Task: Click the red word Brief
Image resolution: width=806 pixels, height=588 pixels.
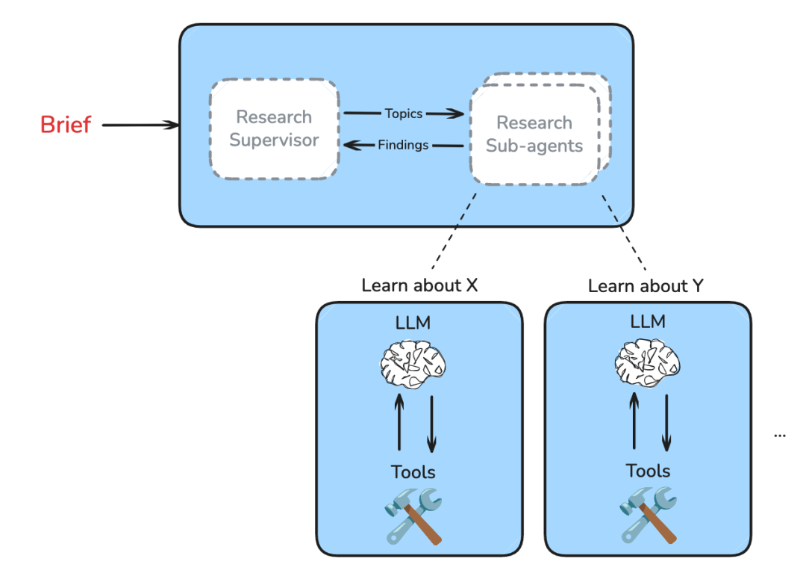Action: point(66,124)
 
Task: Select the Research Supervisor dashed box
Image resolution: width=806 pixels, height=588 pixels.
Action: point(274,129)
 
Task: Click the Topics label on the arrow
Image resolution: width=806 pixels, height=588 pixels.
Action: point(404,114)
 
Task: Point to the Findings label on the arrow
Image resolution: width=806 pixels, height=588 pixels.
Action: point(403,145)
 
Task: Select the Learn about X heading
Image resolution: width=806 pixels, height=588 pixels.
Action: point(419,285)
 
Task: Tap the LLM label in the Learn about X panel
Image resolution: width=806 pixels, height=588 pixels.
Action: point(413,323)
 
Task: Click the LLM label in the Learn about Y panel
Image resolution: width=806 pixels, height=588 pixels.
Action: point(647,322)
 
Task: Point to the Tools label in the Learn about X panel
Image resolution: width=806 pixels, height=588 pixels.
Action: point(413,471)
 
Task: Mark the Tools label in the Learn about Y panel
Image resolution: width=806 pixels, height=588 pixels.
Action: point(648,471)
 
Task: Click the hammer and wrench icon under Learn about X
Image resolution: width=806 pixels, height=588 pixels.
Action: point(414,515)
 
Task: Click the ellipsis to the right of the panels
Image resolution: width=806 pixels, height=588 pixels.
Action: point(780,434)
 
